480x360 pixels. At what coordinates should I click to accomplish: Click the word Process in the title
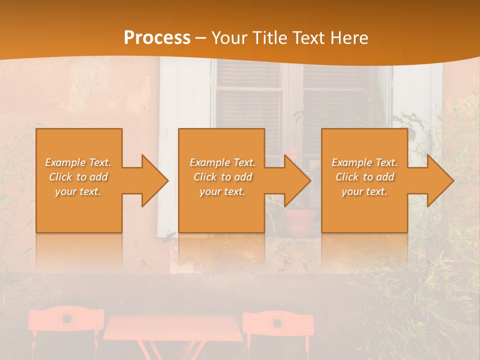click(x=157, y=38)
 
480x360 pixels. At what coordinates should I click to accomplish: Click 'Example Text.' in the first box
click(x=78, y=162)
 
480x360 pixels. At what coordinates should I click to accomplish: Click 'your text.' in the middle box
click(x=222, y=191)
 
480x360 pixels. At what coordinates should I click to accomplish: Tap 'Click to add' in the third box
click(x=364, y=177)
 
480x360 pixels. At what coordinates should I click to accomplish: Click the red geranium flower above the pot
click(x=291, y=153)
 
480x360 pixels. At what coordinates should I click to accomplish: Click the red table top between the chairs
click(x=172, y=327)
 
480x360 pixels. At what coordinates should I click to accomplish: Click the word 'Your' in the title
click(x=230, y=38)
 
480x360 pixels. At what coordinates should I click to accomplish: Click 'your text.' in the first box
click(x=78, y=191)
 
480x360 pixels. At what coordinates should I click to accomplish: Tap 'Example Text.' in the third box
click(x=364, y=162)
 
